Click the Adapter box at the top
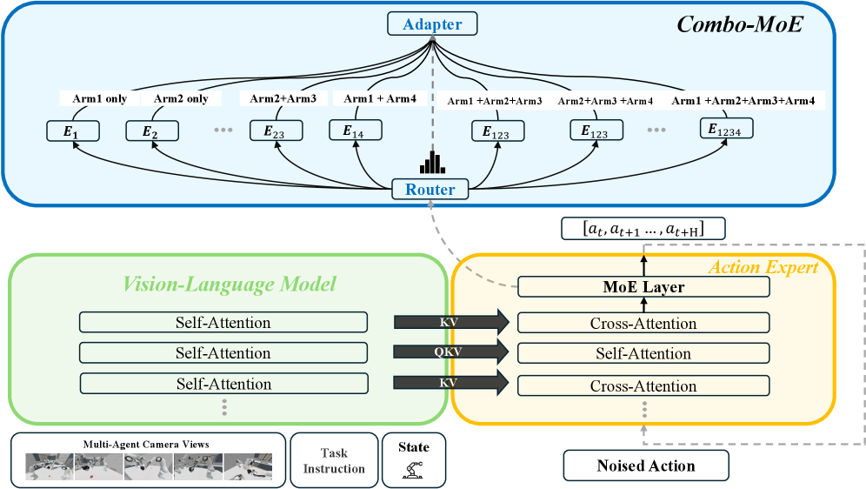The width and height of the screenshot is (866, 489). pos(432,24)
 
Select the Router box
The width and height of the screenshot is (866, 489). pos(430,189)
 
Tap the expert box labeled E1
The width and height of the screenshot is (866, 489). pos(74,131)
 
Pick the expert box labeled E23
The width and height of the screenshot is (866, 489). pos(276,131)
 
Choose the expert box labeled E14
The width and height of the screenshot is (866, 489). pos(356,131)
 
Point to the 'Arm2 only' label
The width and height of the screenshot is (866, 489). pos(181,98)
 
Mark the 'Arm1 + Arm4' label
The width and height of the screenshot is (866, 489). pos(380,98)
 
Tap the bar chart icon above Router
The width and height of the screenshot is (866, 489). pos(431,162)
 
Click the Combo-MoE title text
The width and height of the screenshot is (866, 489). pos(739,25)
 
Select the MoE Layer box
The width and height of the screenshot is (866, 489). pos(643,287)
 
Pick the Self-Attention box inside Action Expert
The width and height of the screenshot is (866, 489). pos(643,353)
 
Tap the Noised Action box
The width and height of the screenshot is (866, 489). pos(646,466)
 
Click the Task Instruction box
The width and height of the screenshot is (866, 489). pos(333,461)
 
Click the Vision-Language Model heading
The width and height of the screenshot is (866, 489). pos(230,283)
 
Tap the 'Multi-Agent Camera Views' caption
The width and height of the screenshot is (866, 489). pos(146,444)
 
